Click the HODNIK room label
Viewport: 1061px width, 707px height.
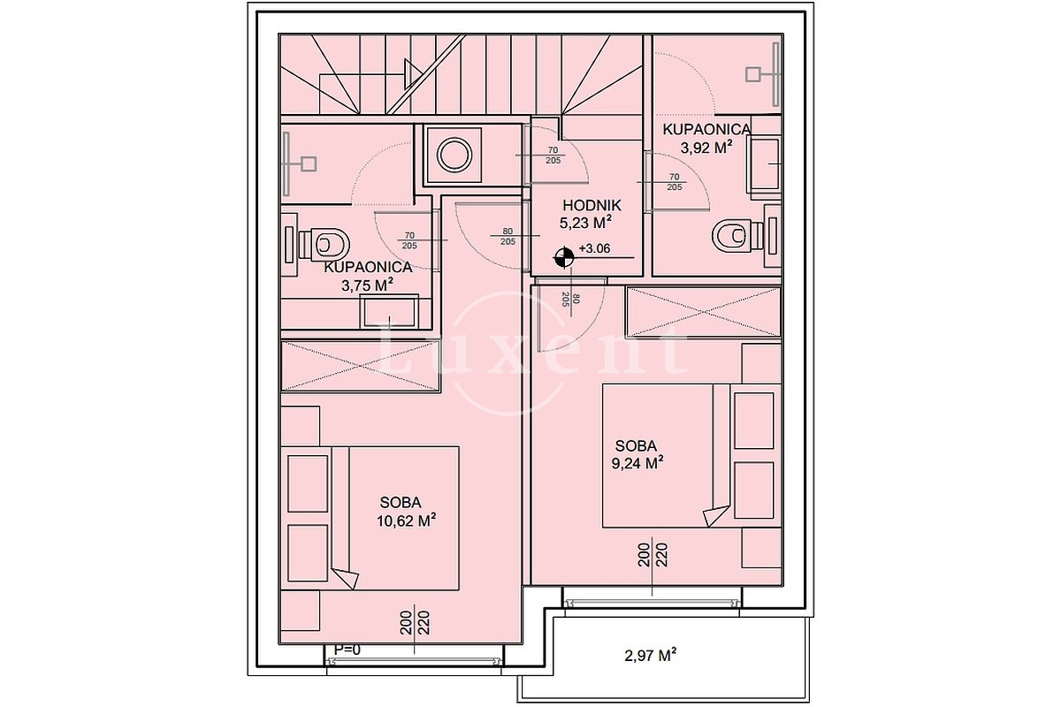coord(592,206)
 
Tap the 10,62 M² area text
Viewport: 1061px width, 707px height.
coord(406,521)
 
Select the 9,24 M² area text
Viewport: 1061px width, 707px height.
coord(637,463)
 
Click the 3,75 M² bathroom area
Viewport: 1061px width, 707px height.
coord(367,285)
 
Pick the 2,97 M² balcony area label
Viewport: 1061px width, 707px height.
coord(650,656)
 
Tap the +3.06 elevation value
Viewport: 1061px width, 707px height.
coord(594,248)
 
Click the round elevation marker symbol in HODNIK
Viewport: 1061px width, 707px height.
coord(564,257)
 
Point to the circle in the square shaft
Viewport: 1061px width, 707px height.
coord(454,155)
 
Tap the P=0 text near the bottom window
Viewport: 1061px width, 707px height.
coord(347,650)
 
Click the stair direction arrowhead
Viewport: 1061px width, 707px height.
coord(413,74)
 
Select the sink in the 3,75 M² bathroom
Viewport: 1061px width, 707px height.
coord(389,311)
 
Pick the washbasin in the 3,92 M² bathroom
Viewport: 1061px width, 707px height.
coord(764,163)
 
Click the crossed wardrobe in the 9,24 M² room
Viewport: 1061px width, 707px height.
coord(704,312)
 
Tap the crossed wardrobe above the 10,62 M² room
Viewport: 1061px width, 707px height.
coord(361,366)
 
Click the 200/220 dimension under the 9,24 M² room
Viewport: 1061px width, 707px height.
coord(653,554)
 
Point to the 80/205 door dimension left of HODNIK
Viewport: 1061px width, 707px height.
coord(508,236)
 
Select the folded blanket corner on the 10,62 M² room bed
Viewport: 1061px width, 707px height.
coord(346,578)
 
